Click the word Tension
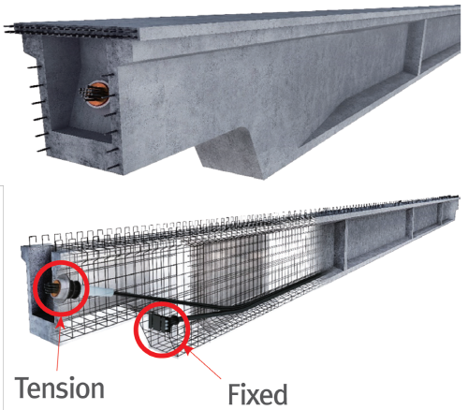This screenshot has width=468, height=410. tap(60, 388)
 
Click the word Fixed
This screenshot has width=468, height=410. tap(257, 394)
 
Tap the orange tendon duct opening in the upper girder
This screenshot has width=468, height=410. tap(97, 94)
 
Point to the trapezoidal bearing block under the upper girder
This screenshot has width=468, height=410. tap(230, 153)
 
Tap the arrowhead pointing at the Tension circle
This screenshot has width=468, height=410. tap(60, 323)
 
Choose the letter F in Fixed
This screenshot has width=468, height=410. tap(235, 394)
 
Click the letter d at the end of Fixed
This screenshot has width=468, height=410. tap(280, 394)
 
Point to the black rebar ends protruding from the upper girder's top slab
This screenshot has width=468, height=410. tap(71, 30)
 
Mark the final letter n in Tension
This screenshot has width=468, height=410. tap(96, 390)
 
